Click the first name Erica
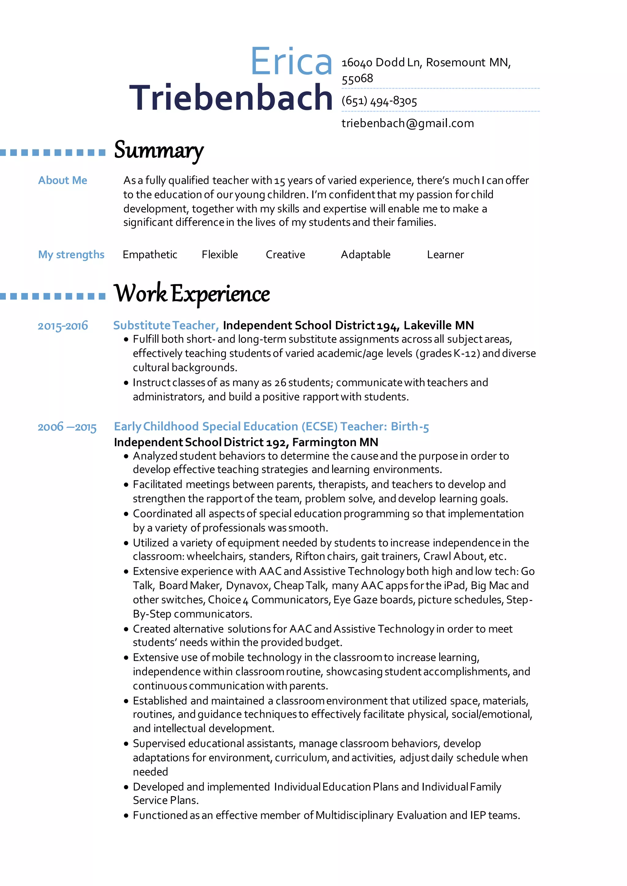(291, 62)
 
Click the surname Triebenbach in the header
(231, 98)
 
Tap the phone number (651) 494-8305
(379, 101)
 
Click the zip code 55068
(357, 78)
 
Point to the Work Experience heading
(192, 294)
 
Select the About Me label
(62, 180)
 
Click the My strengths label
(71, 255)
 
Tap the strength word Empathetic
(150, 255)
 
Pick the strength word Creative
(285, 255)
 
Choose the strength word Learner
(445, 255)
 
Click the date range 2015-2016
(62, 326)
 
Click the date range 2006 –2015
(67, 427)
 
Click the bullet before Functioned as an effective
(126, 816)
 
